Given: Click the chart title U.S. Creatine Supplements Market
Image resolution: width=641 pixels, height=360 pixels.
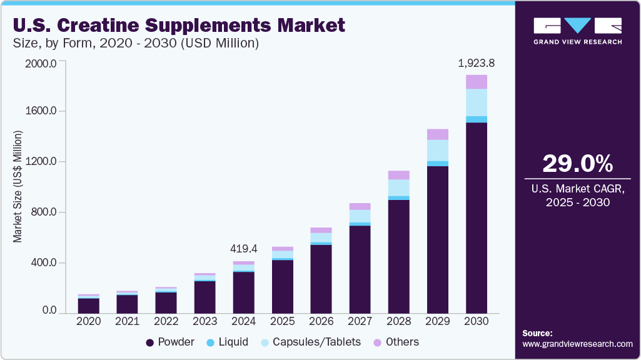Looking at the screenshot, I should (x=179, y=25).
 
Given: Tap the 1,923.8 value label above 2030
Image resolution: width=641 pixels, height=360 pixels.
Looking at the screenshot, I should (x=476, y=63).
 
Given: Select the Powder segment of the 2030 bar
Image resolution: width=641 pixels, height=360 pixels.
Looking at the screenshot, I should (x=476, y=219).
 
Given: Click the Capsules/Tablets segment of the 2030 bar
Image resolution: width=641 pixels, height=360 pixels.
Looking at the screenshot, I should (x=476, y=102).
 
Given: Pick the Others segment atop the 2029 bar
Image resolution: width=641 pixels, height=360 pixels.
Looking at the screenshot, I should (x=438, y=134).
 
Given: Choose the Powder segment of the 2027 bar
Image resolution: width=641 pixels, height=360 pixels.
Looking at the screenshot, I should (x=360, y=269).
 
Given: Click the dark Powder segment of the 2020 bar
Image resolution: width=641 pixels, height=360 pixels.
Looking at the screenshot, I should (x=89, y=306).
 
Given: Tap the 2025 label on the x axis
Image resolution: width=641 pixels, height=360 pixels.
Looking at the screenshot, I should (x=282, y=321).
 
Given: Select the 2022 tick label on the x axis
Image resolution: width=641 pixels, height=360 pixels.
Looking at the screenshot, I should (x=166, y=321).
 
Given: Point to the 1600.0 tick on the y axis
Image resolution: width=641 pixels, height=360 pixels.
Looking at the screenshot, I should (x=41, y=111).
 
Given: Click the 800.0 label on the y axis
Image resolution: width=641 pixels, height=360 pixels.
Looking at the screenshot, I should (x=43, y=212).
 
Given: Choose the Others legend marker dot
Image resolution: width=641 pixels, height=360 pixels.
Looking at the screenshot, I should (x=377, y=342).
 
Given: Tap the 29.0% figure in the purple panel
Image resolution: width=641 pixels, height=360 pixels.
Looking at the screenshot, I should (x=578, y=164).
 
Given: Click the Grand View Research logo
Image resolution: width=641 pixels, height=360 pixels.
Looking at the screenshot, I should (x=578, y=31).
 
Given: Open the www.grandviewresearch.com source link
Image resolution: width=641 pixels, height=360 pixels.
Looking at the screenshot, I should (x=578, y=344).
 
